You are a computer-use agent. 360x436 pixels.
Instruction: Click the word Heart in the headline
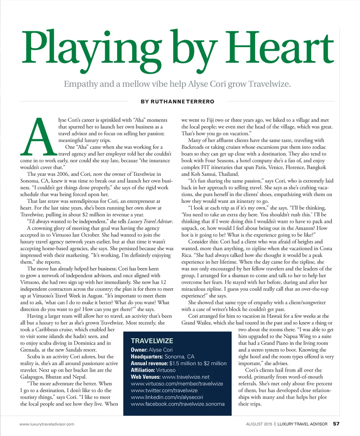tap(281, 47)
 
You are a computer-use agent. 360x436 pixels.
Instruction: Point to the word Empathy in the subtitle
tap(81, 84)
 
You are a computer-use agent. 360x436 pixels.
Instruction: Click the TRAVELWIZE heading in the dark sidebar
tap(152, 341)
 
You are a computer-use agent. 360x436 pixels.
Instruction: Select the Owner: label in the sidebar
tap(139, 350)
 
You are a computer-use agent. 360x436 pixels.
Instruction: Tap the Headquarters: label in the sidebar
tap(147, 357)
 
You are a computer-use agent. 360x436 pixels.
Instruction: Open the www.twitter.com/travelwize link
tap(164, 390)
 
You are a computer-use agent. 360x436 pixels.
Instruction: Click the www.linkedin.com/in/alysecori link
tap(167, 397)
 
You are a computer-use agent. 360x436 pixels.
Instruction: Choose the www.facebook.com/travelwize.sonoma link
tap(178, 404)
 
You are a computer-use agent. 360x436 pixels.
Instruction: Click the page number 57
tap(336, 424)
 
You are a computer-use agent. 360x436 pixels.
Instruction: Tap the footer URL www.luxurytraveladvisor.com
tap(47, 424)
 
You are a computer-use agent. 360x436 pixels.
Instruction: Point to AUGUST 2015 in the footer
tap(259, 424)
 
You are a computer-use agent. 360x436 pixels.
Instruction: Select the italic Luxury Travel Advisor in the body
tap(150, 222)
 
